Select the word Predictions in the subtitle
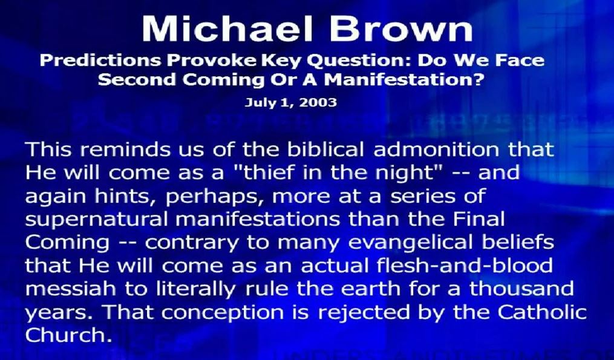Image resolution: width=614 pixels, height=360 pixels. tap(100, 61)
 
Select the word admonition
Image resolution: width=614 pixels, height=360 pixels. tap(437, 149)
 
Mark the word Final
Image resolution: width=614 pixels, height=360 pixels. tap(479, 218)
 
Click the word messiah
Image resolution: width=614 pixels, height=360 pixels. tap(71, 289)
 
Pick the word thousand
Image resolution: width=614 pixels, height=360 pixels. tap(521, 289)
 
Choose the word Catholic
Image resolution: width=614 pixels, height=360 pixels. tap(542, 312)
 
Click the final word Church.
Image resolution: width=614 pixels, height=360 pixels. tap(66, 335)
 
